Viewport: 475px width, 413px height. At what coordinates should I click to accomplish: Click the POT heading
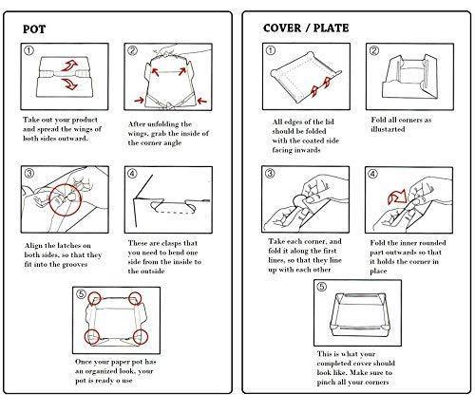coord(34,29)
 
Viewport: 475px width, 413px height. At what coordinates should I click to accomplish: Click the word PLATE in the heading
coord(331,28)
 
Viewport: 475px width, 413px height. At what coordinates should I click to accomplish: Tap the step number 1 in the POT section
coord(28,50)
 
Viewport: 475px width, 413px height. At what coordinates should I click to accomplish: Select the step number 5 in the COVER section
coord(321,287)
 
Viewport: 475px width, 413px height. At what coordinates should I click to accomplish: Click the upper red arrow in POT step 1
coord(69,66)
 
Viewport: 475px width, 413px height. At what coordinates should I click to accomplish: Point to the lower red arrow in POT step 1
coord(69,84)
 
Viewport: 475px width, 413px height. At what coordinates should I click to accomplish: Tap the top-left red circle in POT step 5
coord(94,298)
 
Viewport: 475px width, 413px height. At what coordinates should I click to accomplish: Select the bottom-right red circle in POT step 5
coord(140,337)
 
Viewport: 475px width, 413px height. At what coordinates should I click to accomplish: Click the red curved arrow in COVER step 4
coord(396,197)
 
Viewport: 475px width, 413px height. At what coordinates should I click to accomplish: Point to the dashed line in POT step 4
coord(173,212)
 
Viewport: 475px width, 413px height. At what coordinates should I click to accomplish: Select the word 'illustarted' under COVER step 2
coord(388,129)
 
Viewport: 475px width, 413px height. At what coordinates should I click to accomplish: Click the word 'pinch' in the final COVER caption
coord(325,383)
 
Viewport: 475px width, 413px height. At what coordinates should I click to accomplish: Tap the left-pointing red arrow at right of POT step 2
coord(201,101)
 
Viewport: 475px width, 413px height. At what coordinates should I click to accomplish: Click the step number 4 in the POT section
coord(132,173)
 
